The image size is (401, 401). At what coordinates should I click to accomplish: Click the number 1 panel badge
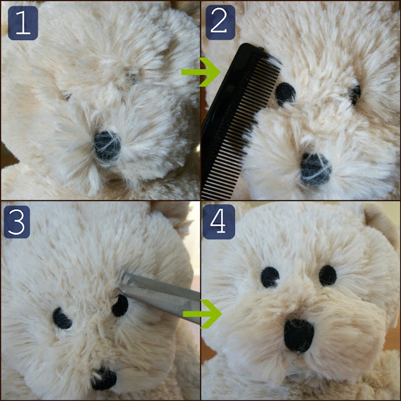[x=23, y=23]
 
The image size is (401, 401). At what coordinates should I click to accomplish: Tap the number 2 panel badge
[x=220, y=23]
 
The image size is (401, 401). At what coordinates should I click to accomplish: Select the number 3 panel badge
[x=17, y=222]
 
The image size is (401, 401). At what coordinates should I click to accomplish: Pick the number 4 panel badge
[x=219, y=222]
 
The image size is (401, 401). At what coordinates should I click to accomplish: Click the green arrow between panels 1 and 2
[x=200, y=72]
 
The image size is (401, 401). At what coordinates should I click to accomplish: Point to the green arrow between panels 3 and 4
[x=202, y=314]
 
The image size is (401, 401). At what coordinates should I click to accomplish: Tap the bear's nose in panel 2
[x=316, y=169]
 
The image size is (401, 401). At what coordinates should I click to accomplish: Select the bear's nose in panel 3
[x=103, y=379]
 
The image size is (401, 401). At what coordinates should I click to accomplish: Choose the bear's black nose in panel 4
[x=299, y=335]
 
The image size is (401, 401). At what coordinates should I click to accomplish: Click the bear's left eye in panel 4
[x=270, y=278]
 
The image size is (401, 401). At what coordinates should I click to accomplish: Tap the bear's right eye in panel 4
[x=328, y=276]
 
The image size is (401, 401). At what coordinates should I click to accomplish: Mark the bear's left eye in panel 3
[x=61, y=318]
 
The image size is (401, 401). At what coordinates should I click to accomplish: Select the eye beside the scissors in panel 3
[x=120, y=306]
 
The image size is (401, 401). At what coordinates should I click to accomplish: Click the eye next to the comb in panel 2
[x=285, y=93]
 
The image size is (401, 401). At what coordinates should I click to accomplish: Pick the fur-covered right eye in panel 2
[x=355, y=95]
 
